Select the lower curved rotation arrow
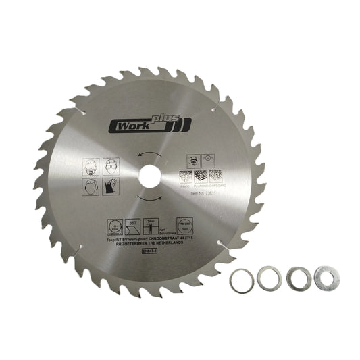point(150,195)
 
